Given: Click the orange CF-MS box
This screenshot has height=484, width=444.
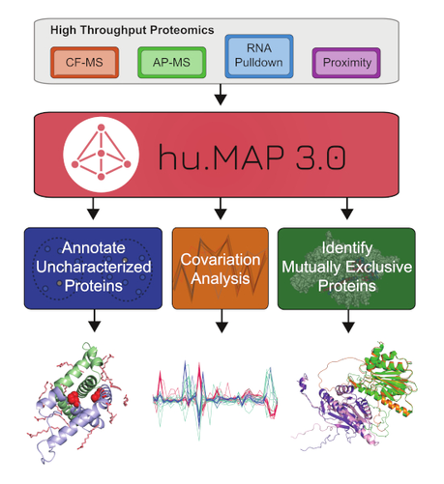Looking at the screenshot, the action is [84, 63].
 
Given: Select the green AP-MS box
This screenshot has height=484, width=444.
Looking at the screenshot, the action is [171, 63].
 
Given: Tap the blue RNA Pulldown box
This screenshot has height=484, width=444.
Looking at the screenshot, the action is [259, 56].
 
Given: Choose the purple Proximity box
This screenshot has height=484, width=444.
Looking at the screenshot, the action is [346, 63].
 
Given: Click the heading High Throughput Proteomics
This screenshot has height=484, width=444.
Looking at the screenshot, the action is [133, 30].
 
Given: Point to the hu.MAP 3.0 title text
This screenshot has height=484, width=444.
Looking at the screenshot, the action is [252, 157].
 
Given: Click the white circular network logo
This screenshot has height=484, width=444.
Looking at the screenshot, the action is [102, 155].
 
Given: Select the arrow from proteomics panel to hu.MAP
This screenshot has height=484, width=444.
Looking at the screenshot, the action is [221, 95].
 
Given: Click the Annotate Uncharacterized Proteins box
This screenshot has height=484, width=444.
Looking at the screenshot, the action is [93, 269].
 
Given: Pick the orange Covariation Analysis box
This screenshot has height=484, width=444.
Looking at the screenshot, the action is [221, 269].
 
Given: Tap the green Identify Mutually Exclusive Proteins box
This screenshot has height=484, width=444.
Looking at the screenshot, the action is [346, 269].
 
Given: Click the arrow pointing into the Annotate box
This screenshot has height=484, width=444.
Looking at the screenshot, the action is [93, 209].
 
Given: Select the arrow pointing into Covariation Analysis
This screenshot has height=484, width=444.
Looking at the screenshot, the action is [221, 209].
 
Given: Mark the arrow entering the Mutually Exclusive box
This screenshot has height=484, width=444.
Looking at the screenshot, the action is [347, 209].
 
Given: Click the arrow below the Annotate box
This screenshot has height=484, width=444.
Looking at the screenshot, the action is [95, 321].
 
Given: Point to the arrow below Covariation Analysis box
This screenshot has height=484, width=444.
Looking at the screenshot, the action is [222, 321].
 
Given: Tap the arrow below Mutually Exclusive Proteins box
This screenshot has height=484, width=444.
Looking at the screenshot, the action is [348, 321].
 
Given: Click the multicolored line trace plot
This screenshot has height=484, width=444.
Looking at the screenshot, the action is [215, 399].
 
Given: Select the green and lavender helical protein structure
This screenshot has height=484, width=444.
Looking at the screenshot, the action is [77, 403].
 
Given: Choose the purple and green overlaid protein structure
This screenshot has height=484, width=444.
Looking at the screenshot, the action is [355, 396].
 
